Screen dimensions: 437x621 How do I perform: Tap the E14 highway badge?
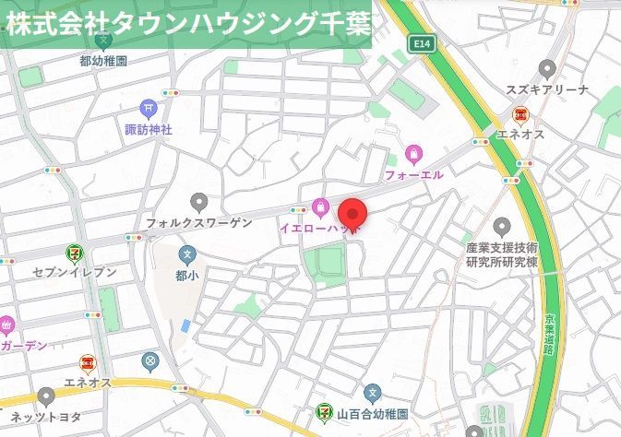(422, 43)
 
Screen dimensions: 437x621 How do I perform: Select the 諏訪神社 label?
(149, 129)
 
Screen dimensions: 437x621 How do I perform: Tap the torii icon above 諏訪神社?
(149, 109)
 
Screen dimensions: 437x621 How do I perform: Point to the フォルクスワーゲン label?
(198, 222)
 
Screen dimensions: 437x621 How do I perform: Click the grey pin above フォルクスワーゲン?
(198, 202)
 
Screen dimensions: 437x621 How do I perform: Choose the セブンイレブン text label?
(75, 272)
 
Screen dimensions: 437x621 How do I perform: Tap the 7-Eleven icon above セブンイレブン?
(74, 252)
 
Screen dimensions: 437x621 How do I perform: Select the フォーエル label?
(413, 173)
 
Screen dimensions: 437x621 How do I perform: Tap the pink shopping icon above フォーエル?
(413, 153)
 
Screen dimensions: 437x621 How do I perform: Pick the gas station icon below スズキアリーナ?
(521, 114)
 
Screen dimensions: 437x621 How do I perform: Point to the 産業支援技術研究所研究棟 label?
(502, 255)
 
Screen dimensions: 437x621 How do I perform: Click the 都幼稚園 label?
(103, 61)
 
